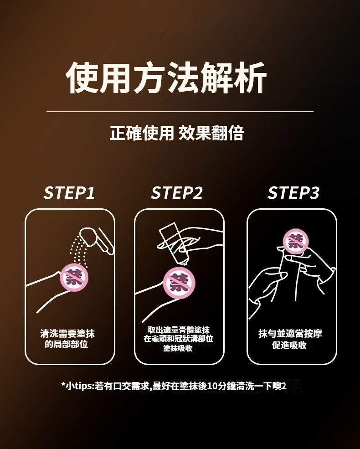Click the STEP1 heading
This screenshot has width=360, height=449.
tap(69, 192)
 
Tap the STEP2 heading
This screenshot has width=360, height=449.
tap(176, 192)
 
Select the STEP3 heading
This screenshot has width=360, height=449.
tap(293, 192)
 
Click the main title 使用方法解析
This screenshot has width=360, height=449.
tap(166, 77)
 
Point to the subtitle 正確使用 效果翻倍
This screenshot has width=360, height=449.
tap(176, 133)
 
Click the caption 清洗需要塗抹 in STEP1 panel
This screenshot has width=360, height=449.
tap(67, 334)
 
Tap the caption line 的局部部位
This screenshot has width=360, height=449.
tap(66, 344)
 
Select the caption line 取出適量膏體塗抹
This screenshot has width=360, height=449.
tap(179, 330)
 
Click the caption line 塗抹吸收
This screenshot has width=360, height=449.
tap(178, 348)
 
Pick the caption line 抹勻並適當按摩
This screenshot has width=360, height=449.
tap(290, 334)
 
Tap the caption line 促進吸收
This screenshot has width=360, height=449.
tap(289, 345)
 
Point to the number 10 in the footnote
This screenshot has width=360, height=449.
tap(212, 386)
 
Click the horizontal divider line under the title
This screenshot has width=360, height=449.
tap(180, 111)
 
